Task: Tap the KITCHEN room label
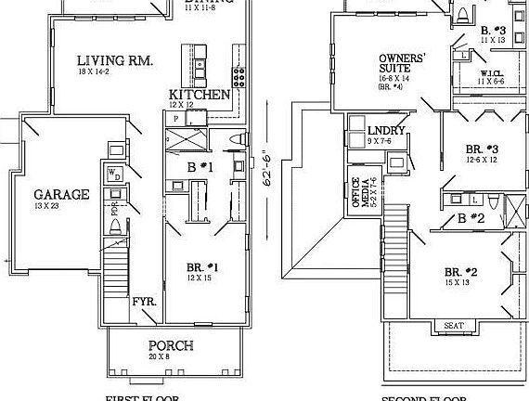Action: tap(199, 95)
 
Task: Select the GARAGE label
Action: tap(62, 195)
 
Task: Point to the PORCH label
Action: tap(171, 345)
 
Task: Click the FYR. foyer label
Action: tap(143, 304)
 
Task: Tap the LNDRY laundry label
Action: tap(386, 131)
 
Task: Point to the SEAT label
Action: tap(453, 326)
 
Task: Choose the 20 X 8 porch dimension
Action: tap(171, 356)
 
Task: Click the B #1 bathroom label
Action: tap(201, 167)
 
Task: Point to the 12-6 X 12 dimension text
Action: tap(482, 160)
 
